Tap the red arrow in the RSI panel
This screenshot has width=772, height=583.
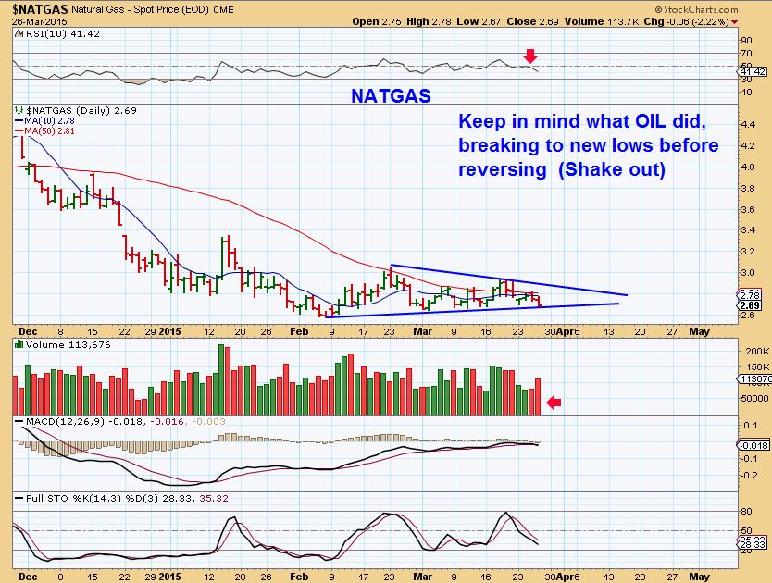[529, 56]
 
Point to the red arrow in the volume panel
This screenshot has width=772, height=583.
[554, 402]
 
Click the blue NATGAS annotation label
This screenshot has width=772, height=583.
[390, 95]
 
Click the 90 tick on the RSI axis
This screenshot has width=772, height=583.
[745, 40]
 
